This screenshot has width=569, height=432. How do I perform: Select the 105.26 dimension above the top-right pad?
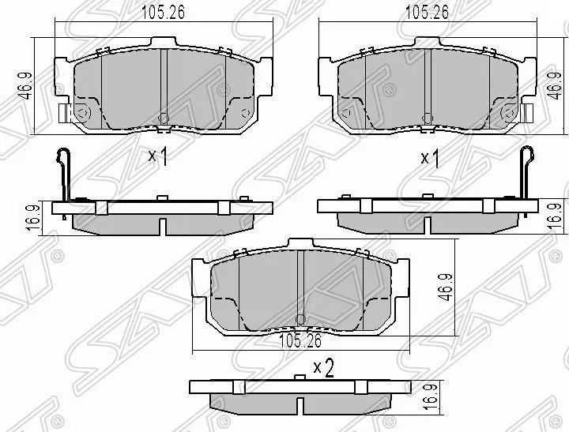423,13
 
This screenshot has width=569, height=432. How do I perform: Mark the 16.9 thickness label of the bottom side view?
428,394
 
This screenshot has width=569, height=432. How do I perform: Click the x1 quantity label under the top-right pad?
429,158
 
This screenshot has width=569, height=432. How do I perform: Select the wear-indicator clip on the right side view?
524,174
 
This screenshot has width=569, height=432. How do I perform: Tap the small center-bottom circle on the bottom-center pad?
300,320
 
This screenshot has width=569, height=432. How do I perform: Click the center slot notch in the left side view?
161,225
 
